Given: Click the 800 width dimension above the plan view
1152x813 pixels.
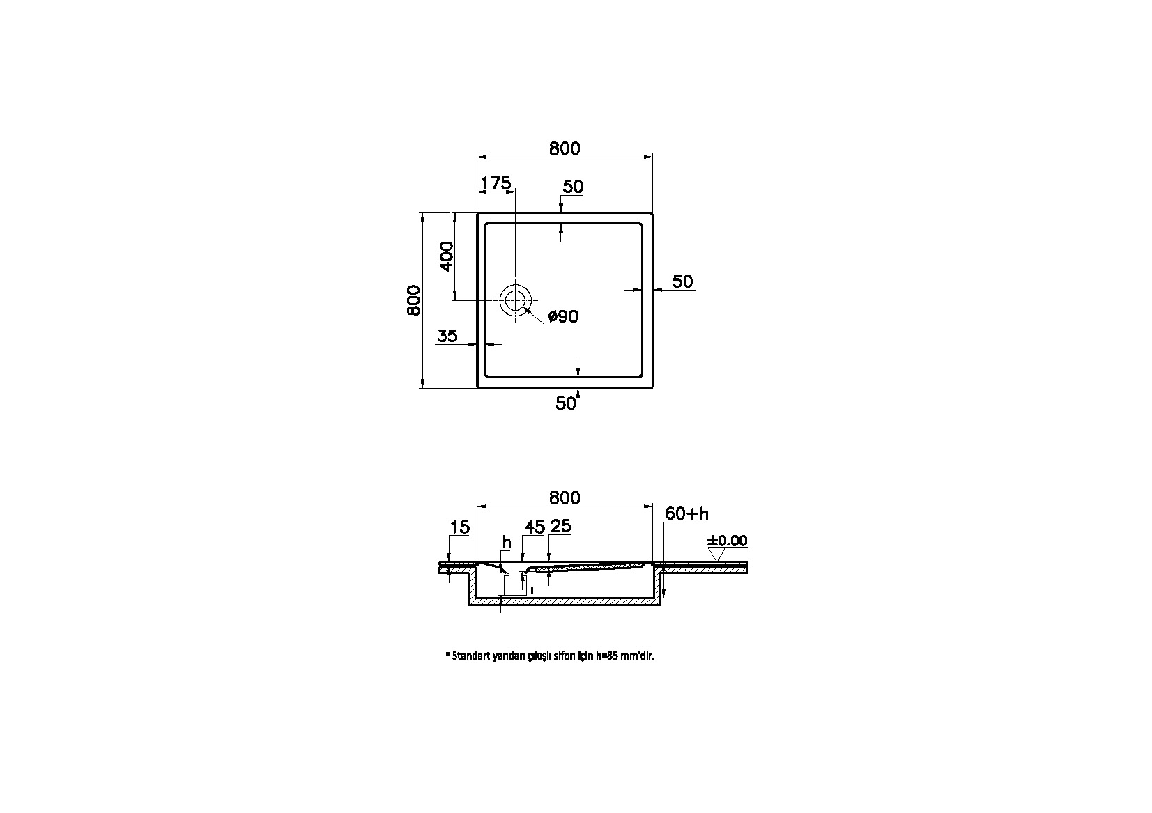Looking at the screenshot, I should [564, 148].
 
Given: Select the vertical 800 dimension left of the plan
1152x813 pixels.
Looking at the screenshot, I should [414, 300].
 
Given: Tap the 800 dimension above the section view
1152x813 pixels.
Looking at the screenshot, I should [564, 497].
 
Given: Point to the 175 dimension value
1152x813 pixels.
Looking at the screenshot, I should [496, 183].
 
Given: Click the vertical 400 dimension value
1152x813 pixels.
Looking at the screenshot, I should [446, 256].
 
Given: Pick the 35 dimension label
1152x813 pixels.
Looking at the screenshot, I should [447, 336].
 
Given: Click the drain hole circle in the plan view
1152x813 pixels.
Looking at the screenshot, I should [515, 300].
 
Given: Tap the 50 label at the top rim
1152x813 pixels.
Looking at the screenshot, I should [573, 187].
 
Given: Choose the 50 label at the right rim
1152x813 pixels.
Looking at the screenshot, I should [683, 281].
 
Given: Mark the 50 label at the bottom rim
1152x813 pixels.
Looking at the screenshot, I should [566, 403].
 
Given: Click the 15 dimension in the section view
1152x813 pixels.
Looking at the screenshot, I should [459, 527].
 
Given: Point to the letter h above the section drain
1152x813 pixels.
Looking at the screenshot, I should [507, 541].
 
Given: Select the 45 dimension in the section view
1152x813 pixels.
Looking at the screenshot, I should [534, 527].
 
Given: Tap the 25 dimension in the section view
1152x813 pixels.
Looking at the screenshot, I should [561, 527].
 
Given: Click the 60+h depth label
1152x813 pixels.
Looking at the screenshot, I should [686, 514].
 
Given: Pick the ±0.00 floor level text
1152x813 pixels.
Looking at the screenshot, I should [727, 541].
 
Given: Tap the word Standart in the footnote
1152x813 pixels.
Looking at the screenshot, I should [471, 656].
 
